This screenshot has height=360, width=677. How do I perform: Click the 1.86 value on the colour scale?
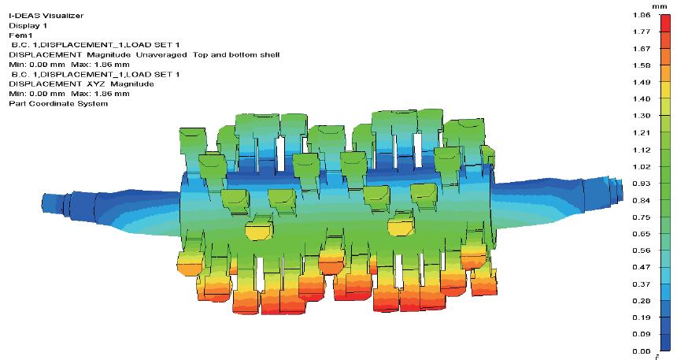click(x=641, y=15)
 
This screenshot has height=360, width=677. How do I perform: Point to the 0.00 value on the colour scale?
click(x=641, y=351)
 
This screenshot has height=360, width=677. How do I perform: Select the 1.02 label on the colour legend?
click(x=641, y=167)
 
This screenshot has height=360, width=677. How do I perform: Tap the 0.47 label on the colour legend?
click(x=641, y=267)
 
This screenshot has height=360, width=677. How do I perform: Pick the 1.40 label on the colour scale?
click(x=641, y=99)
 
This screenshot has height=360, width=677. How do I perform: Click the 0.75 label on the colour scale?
click(x=641, y=217)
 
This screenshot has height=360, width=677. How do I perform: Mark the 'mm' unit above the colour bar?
click(x=659, y=6)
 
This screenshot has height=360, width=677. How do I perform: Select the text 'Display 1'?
click(x=28, y=25)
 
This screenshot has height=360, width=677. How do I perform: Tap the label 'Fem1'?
click(x=20, y=35)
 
